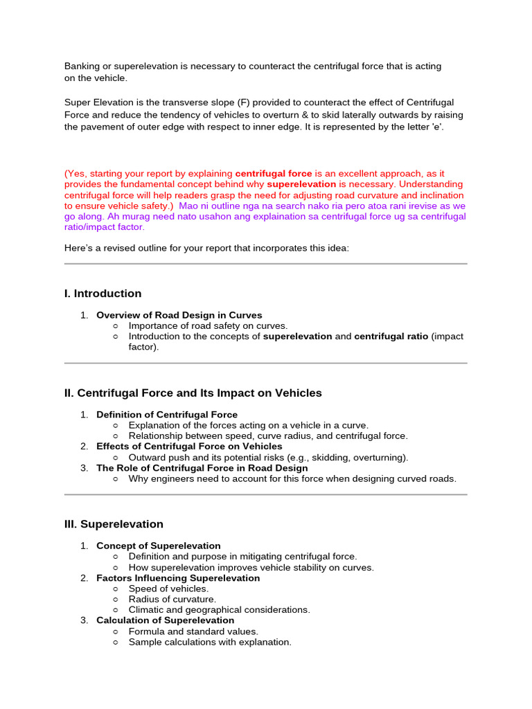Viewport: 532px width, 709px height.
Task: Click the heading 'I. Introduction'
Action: [x=103, y=294]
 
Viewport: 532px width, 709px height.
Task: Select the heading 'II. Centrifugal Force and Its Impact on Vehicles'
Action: [x=193, y=393]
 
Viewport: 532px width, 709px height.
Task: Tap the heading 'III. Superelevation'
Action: [x=114, y=524]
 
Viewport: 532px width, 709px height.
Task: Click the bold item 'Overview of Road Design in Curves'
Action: [x=179, y=315]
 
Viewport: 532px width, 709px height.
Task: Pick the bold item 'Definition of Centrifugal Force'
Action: [x=166, y=415]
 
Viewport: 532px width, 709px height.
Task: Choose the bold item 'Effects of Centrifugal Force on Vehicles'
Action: [x=189, y=447]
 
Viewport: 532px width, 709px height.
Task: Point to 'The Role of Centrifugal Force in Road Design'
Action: [x=202, y=468]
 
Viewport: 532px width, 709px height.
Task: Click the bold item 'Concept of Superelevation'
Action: [x=158, y=546]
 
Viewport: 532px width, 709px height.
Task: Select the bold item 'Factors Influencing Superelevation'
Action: [x=178, y=578]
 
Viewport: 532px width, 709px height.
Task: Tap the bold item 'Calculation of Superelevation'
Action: [x=165, y=620]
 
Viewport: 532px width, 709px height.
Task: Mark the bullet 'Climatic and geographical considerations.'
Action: [x=219, y=610]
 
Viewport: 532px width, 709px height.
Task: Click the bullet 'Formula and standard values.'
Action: [x=193, y=631]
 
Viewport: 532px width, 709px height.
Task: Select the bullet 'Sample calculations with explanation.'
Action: [x=210, y=642]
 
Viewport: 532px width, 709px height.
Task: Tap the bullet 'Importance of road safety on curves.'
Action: [x=208, y=325]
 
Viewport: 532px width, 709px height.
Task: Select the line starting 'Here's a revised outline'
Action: [x=206, y=248]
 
